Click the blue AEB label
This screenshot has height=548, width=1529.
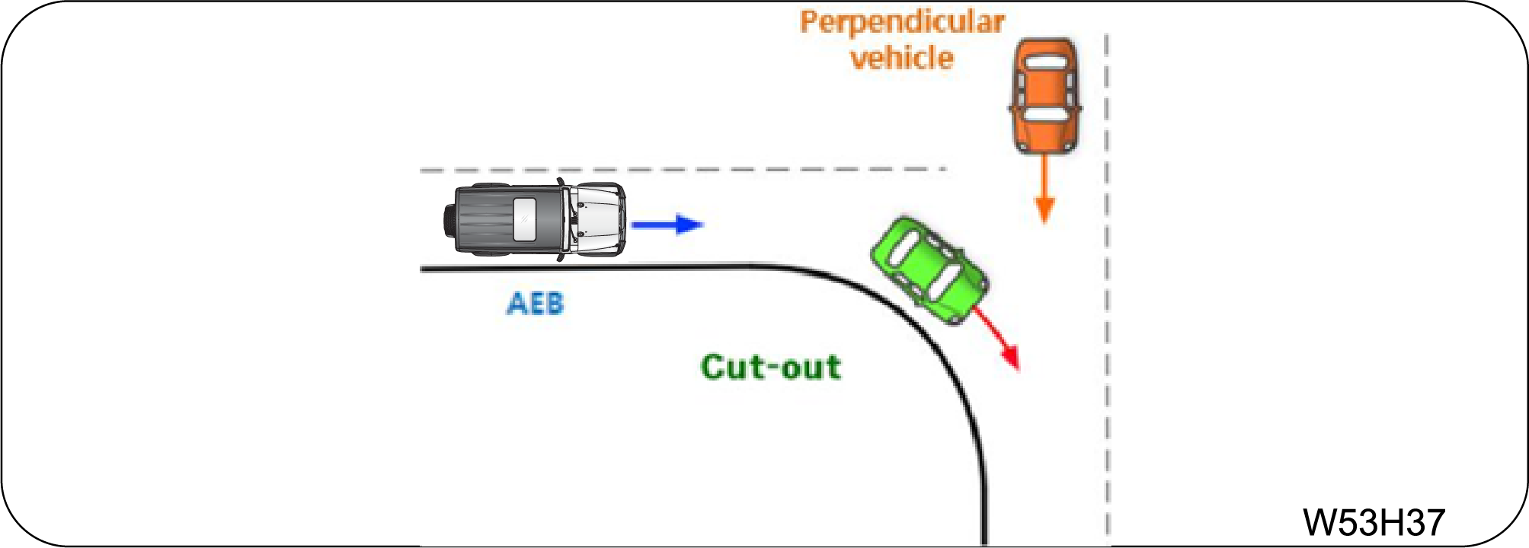[535, 304]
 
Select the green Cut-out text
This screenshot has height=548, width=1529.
[770, 368]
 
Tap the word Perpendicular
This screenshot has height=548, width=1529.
[902, 22]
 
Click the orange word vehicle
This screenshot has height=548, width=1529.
[902, 59]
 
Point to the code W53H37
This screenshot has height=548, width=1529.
[1374, 522]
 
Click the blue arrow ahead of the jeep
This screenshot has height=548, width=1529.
[667, 225]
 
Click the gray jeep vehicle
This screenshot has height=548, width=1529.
[535, 220]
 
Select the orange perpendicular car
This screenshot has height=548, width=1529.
[1045, 96]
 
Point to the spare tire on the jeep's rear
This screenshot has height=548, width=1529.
[449, 220]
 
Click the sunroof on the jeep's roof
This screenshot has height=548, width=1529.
[525, 219]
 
